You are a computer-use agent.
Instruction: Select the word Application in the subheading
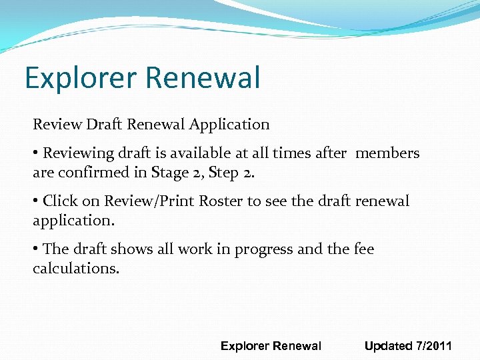tap(229, 124)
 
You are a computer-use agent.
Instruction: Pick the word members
tap(387, 153)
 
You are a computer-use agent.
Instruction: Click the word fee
tap(364, 249)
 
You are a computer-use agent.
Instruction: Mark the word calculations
tap(76, 268)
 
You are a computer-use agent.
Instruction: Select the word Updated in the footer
tap(388, 346)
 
